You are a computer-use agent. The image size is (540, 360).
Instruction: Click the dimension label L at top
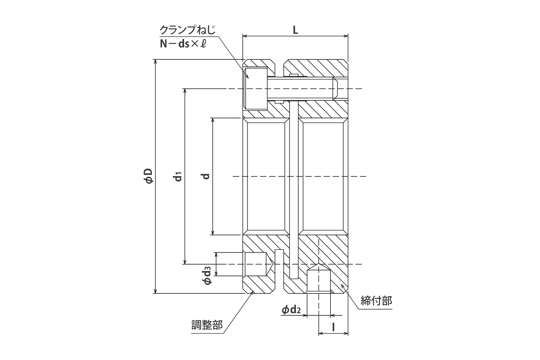295,30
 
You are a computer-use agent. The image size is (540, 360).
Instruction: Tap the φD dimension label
148,176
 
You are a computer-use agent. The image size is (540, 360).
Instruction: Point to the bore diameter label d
206,176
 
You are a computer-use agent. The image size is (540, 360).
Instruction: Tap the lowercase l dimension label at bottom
333,327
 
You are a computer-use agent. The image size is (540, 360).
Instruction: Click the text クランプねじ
188,30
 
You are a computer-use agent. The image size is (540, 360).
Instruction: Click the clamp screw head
255,89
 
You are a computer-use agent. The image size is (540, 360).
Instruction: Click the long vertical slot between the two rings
294,191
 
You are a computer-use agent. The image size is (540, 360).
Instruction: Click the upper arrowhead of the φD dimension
156,62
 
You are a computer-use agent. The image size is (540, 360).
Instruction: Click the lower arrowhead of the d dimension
213,233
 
